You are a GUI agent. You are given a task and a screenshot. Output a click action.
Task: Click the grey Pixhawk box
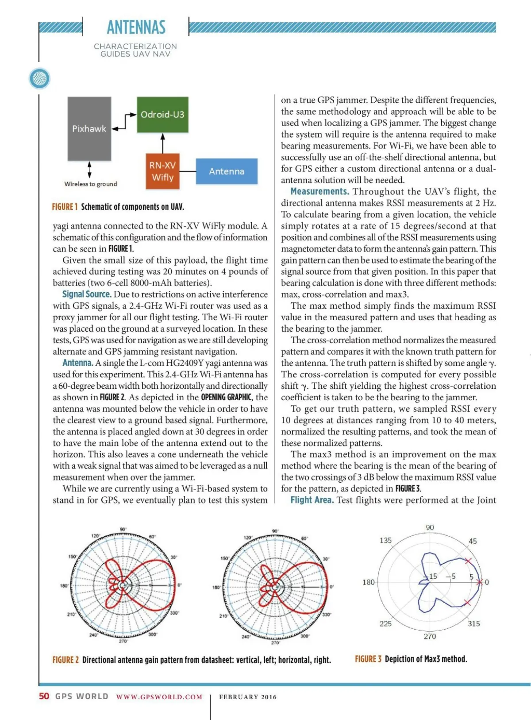click(x=89, y=129)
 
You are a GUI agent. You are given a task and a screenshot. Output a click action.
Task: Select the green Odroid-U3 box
click(x=162, y=115)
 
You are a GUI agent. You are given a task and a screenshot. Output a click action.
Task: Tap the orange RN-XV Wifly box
click(x=162, y=171)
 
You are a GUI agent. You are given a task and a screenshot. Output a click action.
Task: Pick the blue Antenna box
click(x=227, y=171)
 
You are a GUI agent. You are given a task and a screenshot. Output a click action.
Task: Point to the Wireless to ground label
click(x=91, y=184)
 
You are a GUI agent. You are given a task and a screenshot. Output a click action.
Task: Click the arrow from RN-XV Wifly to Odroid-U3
click(x=163, y=143)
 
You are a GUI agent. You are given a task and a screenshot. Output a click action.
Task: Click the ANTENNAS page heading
click(x=136, y=27)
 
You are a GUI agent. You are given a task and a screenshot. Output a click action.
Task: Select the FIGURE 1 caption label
click(x=65, y=207)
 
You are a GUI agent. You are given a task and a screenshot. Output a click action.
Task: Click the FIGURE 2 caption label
click(x=65, y=660)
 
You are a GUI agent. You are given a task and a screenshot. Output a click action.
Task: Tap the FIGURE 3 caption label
click(x=368, y=659)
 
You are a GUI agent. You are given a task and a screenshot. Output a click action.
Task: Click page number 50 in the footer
click(x=44, y=696)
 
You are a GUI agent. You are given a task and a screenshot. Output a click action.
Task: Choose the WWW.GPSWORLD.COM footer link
click(x=159, y=697)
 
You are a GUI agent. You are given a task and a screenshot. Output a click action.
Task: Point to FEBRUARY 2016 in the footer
click(x=248, y=697)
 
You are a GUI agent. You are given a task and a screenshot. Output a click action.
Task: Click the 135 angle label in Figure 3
click(x=385, y=540)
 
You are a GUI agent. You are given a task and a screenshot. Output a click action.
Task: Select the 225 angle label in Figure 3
click(x=385, y=623)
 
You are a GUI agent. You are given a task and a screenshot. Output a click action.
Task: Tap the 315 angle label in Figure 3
click(x=474, y=623)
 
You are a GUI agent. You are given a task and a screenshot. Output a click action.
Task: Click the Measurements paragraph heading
click(x=319, y=192)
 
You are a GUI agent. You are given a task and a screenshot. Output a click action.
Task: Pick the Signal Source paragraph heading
click(x=87, y=294)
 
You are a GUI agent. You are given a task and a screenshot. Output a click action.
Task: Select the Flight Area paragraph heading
click(x=312, y=500)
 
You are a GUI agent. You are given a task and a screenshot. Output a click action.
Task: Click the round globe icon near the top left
click(x=39, y=79)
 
